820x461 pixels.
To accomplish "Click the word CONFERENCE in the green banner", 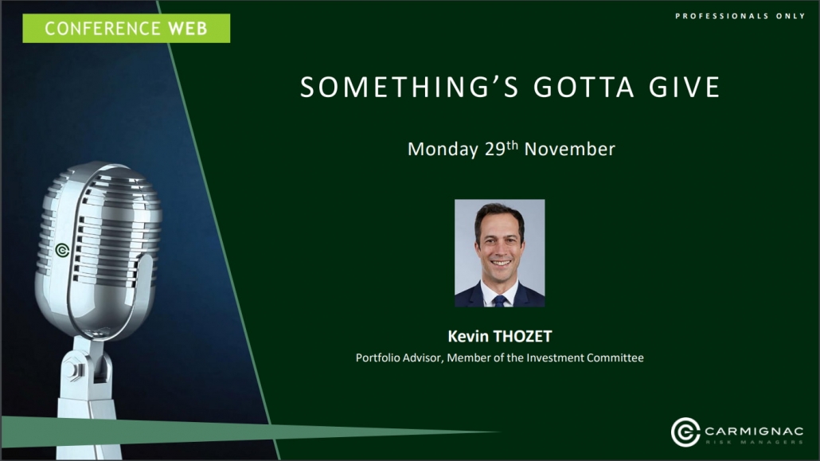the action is [102, 28].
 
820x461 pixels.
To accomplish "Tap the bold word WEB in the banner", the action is [188, 28].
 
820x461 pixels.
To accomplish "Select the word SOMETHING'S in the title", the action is [409, 87].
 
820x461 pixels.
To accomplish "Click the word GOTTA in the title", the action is [584, 87].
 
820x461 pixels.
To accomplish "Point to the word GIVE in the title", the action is [685, 87].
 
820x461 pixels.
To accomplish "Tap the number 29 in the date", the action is [494, 149].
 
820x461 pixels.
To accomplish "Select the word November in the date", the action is [569, 149].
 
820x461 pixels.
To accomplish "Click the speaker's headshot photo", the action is [499, 252].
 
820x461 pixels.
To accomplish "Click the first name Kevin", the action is [465, 337].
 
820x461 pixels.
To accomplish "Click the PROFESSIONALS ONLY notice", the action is [740, 16].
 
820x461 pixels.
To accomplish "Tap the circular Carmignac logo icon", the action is [685, 432].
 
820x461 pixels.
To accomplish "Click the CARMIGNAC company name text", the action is [754, 432].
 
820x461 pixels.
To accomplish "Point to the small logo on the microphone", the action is [62, 251].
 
